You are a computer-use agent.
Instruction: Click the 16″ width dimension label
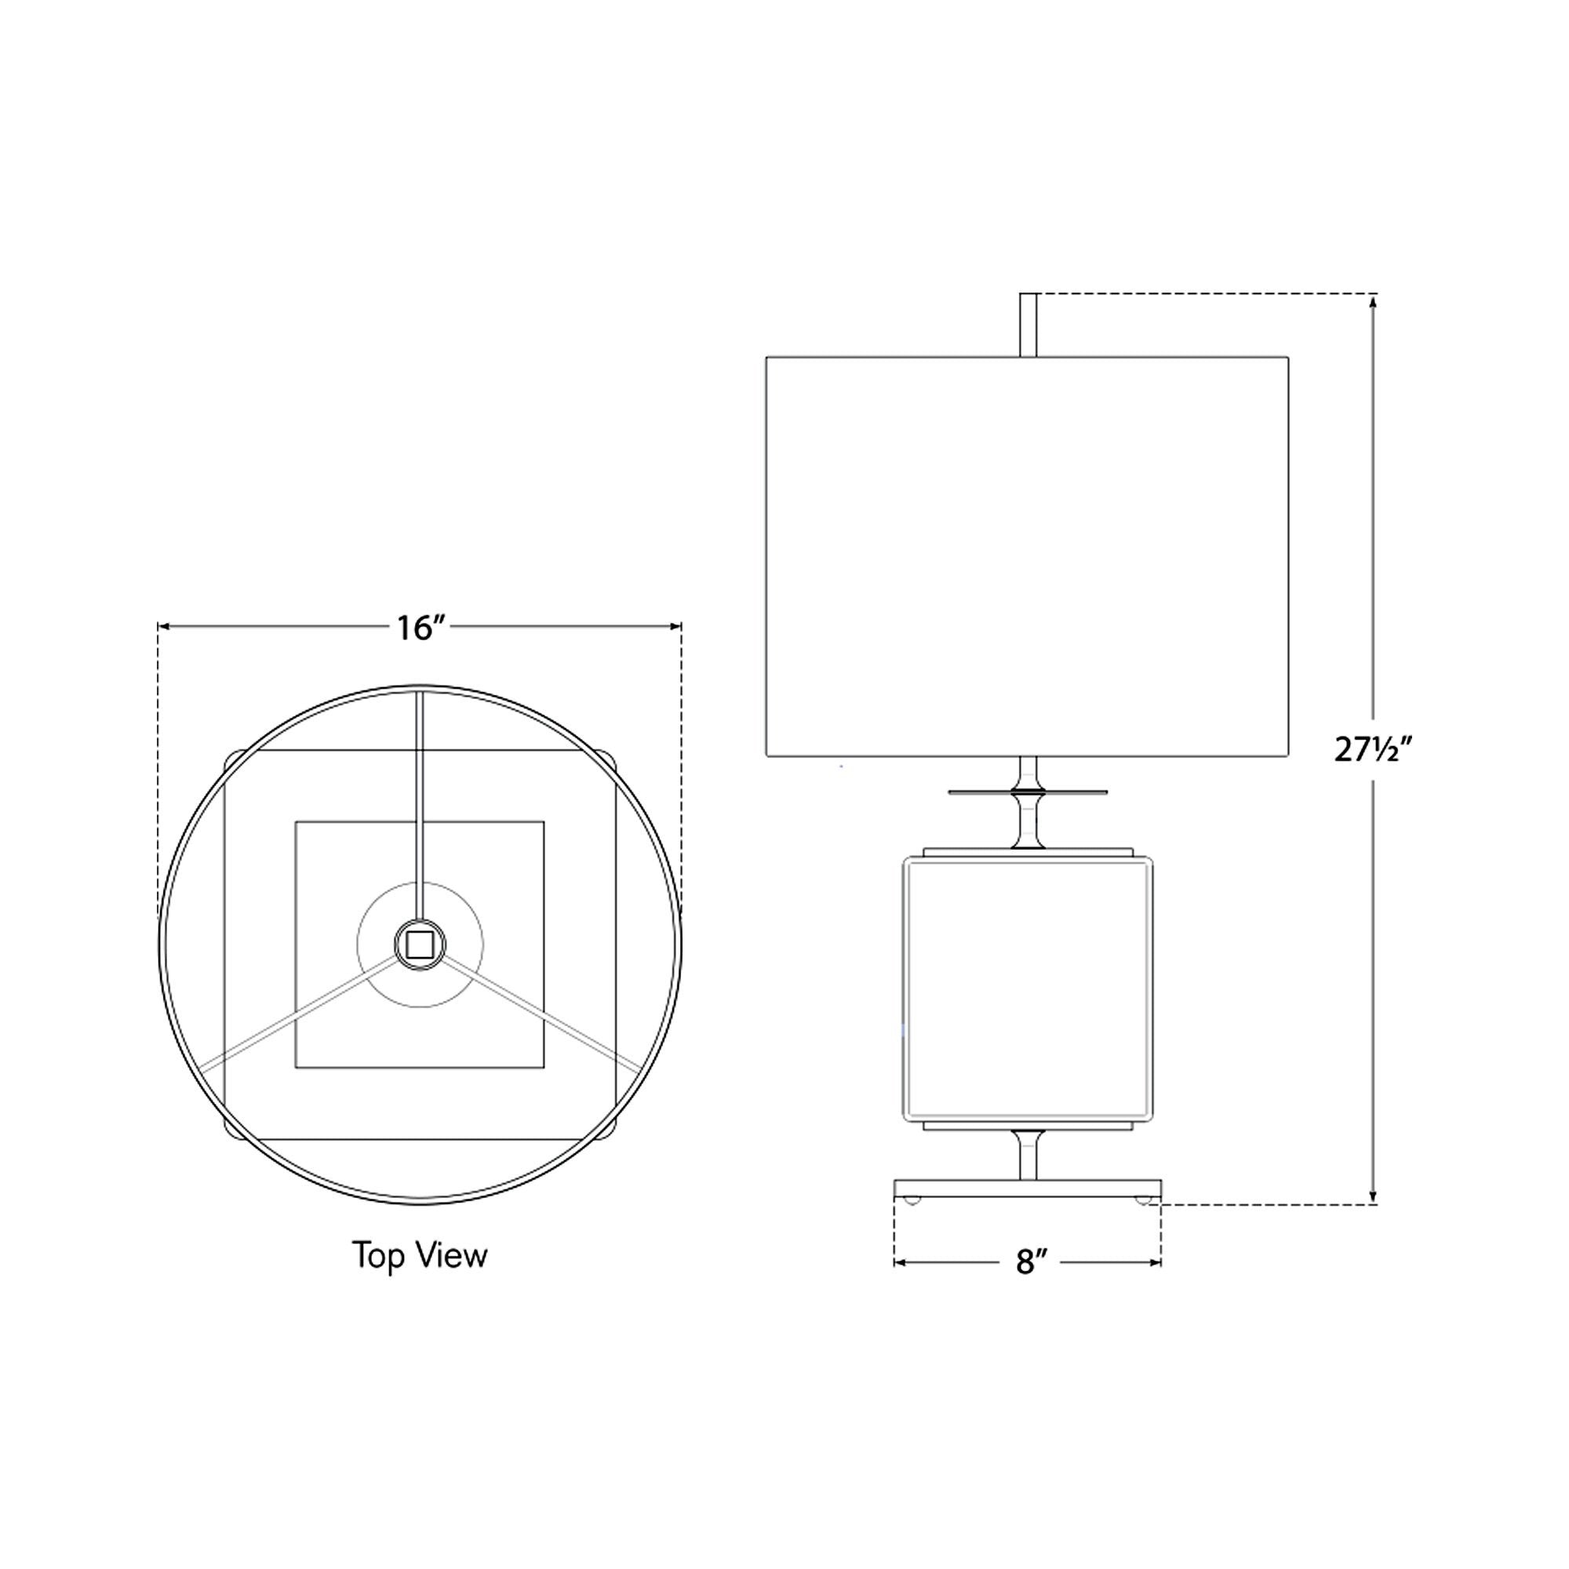click(x=421, y=628)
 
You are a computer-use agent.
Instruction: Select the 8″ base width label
click(x=1028, y=1262)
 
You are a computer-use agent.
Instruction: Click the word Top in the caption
click(x=377, y=1255)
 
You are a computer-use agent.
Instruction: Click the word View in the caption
click(x=452, y=1255)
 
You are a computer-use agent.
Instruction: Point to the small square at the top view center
click(x=420, y=945)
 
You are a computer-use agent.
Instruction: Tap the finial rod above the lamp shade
click(x=1028, y=325)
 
